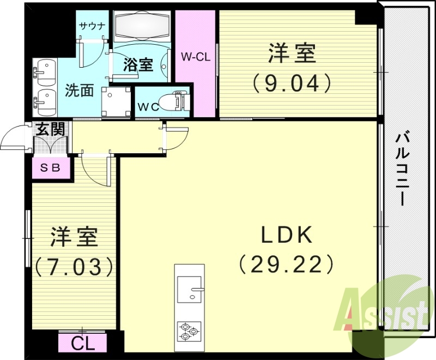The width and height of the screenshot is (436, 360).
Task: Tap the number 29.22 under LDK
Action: point(286,265)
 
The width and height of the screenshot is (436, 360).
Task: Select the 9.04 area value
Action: point(292,83)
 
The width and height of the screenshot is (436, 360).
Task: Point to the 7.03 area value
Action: point(74,267)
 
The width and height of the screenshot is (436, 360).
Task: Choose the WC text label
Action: point(148,107)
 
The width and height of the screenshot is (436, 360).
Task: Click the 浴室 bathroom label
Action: point(137,65)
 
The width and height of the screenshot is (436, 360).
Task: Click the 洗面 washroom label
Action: point(79,90)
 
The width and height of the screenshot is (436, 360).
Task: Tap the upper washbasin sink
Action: point(45,73)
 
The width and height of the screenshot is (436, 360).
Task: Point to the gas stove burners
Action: point(189,331)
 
